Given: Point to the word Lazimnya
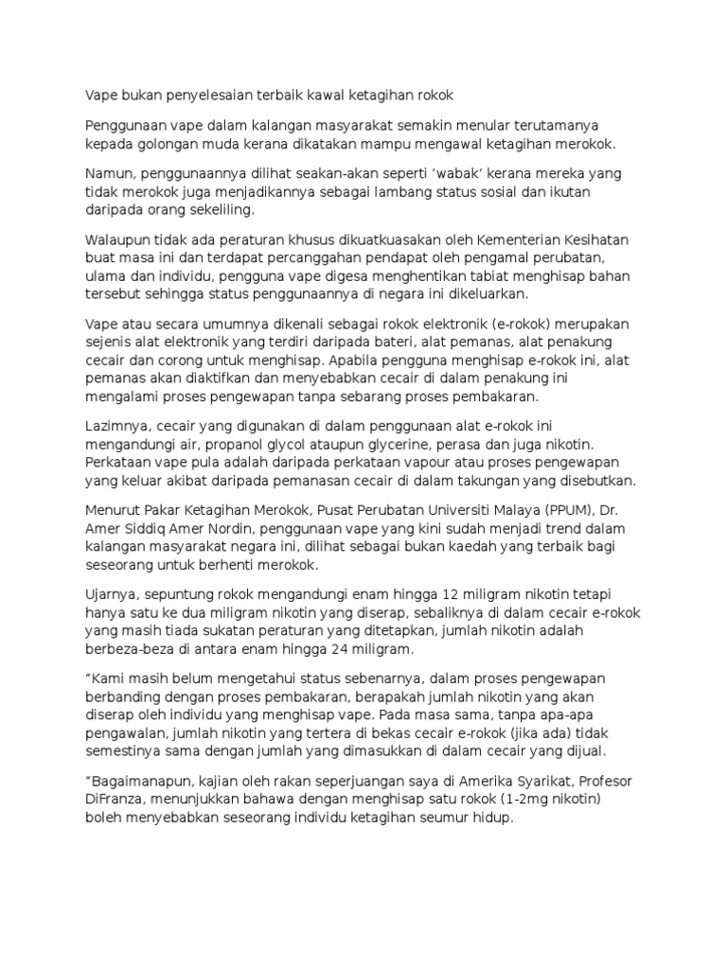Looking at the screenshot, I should (117, 426).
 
